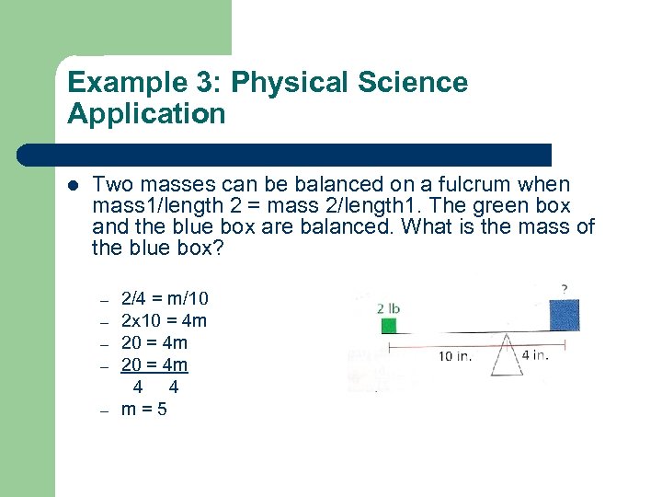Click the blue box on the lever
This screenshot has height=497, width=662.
pos(563,313)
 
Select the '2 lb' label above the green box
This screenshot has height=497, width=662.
pos(388,307)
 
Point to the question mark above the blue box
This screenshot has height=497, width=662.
pos(564,288)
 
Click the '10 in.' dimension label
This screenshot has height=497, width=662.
pos(457,357)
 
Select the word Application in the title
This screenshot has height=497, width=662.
pos(146,114)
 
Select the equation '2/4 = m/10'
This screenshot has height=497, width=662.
pos(165,298)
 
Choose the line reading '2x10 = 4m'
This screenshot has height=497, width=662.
pos(164,320)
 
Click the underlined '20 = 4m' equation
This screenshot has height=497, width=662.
pos(154,364)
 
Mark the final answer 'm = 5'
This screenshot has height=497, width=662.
pos(144,409)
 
